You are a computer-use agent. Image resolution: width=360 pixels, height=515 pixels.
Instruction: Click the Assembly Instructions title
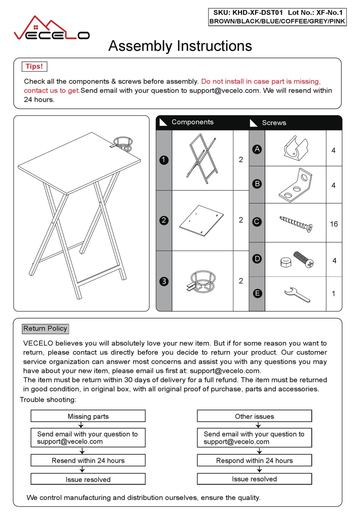pos(180,46)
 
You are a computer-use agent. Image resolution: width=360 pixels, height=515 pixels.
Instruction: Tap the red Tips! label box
pos(34,66)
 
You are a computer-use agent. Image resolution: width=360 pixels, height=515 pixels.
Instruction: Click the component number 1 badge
pos(164,160)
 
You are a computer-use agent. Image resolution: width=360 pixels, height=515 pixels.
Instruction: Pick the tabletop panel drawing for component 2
pos(202,221)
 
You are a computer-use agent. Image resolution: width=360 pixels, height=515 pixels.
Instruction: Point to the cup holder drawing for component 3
pos(201,281)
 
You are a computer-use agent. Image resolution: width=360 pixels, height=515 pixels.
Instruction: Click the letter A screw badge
pos(257,149)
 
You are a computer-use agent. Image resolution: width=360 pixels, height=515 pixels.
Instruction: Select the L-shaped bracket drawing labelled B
pos(296,185)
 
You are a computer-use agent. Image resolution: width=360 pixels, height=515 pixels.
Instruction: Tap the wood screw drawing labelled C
pos(296,224)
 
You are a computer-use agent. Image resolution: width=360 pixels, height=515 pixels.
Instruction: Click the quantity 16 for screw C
pos(334,224)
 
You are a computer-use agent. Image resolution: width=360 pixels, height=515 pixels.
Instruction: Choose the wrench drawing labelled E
pos(297,294)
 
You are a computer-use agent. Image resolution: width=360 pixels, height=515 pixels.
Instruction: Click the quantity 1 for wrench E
pos(333,294)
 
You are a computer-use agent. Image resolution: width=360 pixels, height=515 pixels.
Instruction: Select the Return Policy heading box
pos(45,328)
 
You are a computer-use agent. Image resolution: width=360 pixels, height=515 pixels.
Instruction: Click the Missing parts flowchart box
pos(88,416)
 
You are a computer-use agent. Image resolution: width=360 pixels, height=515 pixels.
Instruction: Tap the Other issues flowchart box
pos(254,416)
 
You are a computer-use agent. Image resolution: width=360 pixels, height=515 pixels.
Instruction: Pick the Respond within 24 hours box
pos(254,460)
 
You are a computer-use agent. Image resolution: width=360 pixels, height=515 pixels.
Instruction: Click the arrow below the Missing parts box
pos(81,425)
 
